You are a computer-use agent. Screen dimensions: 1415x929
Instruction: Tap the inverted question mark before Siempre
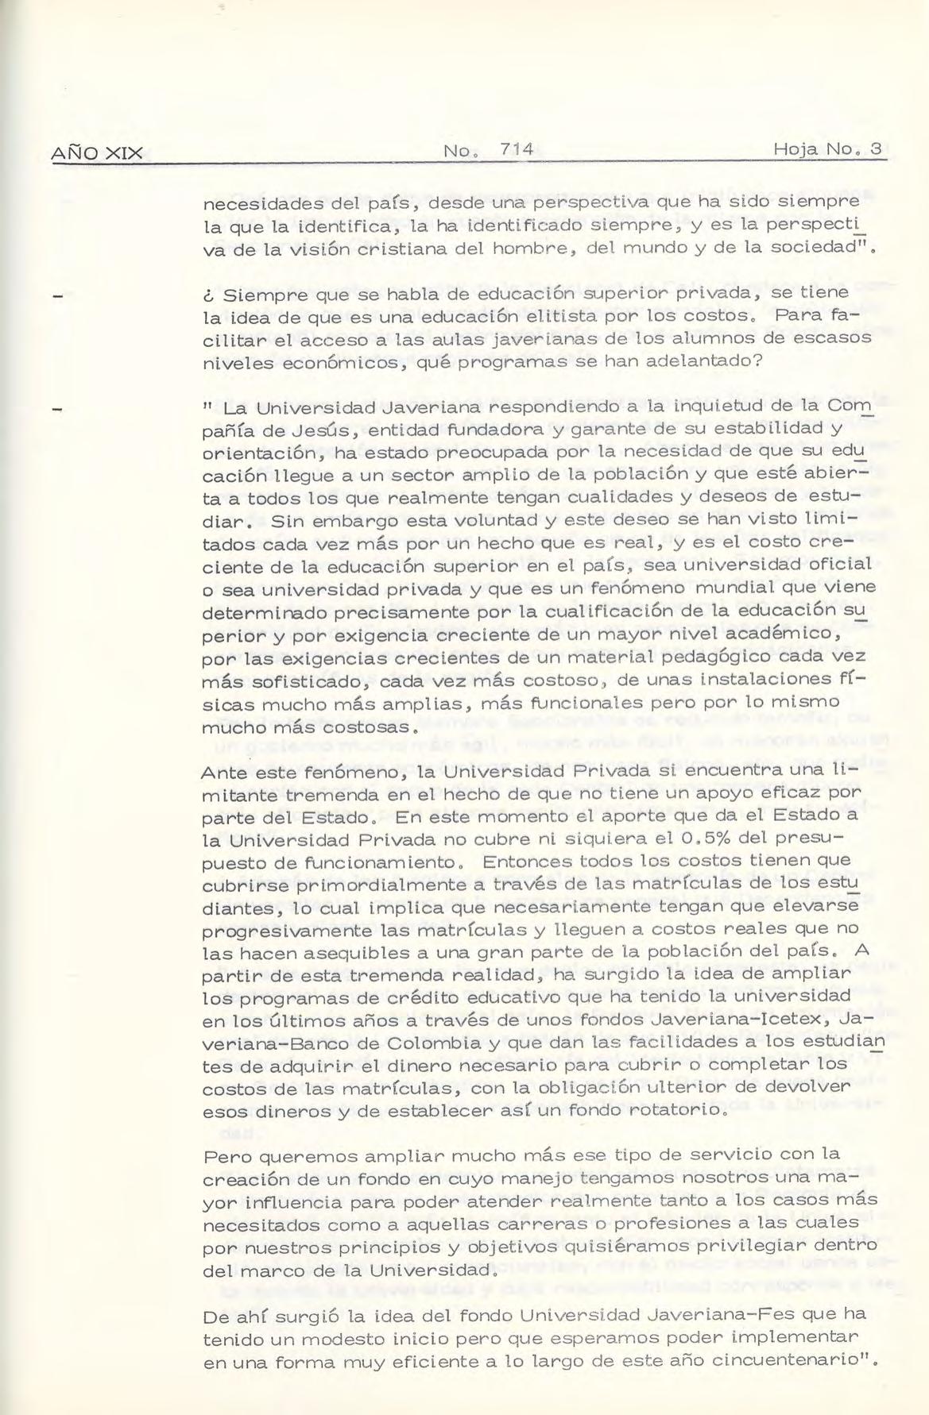pyautogui.click(x=207, y=295)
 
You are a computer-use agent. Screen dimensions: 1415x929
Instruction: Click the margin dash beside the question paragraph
pyautogui.click(x=56, y=297)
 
